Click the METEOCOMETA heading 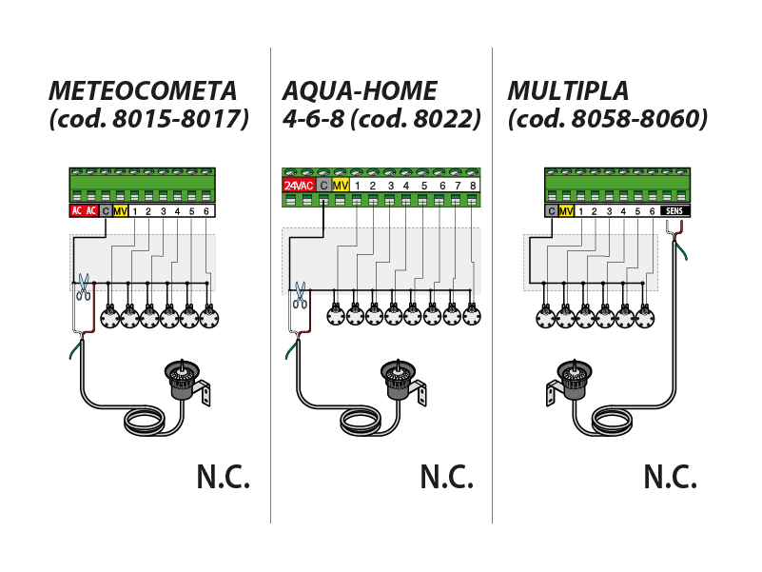tap(142, 91)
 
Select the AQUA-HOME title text tap(360, 91)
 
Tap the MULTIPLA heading tap(568, 91)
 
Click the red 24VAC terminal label tap(299, 185)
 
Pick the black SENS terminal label tap(674, 210)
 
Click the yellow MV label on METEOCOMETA tap(120, 210)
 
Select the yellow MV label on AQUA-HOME tap(341, 185)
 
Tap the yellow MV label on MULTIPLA tap(567, 210)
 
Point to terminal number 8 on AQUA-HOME tap(472, 185)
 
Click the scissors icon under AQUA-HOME tap(300, 294)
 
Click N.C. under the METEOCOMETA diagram tap(224, 476)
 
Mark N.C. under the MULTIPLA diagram tap(670, 476)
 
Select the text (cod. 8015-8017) tap(147, 121)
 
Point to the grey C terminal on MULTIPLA tap(551, 210)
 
